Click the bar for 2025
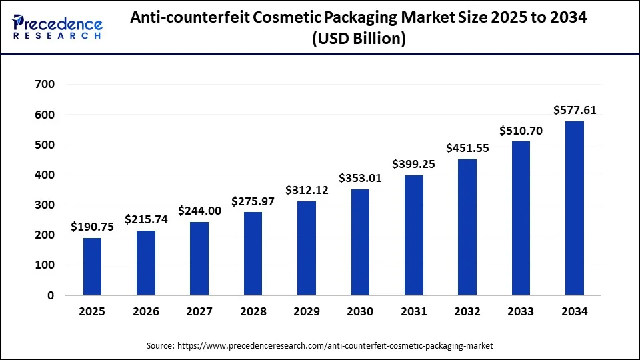coord(93,267)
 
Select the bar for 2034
coord(575,208)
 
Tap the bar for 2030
coord(360,242)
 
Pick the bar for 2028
coord(253,253)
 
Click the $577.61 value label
coord(575,110)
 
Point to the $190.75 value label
coord(93,227)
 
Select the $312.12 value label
coord(307,190)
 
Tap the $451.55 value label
coord(467,148)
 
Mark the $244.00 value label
coord(199,211)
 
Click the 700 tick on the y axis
coord(45,85)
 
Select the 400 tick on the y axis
coord(45,175)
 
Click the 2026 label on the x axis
coord(146,312)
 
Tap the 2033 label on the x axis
coord(521,312)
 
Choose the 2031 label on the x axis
coord(414,312)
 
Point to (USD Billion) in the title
coord(359,39)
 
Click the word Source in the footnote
coord(160,346)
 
